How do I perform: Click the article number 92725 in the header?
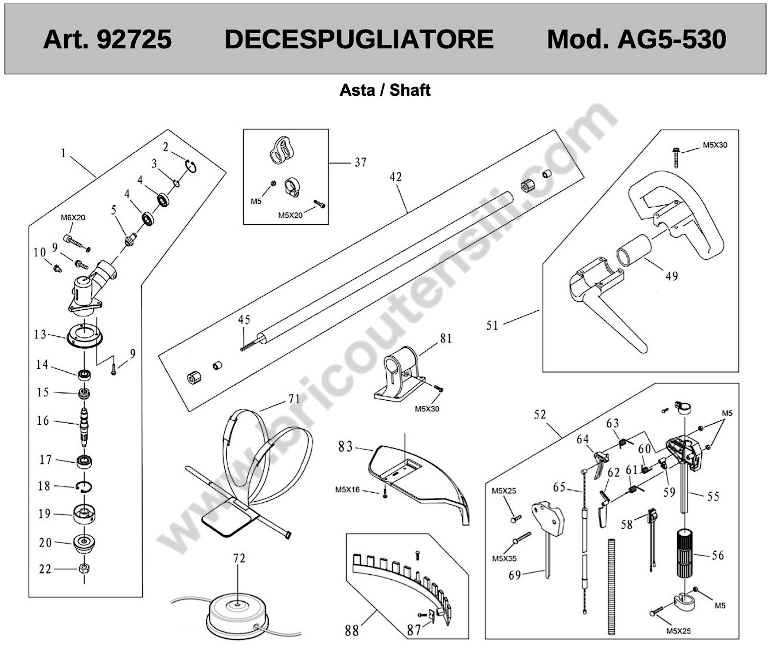(134, 39)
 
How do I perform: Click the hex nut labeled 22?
(84, 568)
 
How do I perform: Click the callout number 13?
(40, 334)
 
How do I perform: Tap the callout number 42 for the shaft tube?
(396, 177)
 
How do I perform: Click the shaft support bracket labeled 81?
(400, 374)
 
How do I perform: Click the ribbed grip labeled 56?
(684, 553)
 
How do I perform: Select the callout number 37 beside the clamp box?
(361, 162)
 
